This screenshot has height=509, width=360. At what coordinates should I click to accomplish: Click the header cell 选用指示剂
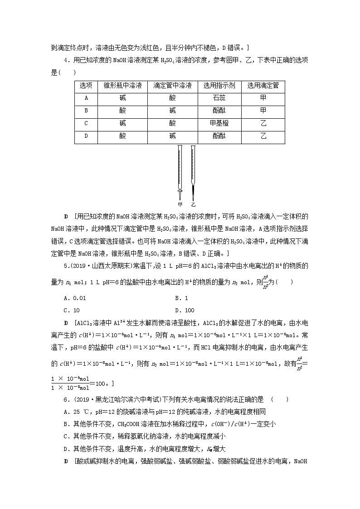point(219,86)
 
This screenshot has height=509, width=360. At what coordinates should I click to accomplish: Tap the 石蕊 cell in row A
point(219,98)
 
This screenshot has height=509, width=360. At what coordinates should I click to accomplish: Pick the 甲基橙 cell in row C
point(219,122)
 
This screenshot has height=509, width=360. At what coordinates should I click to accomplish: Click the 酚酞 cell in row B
point(219,110)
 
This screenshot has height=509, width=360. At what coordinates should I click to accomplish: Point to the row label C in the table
point(86,122)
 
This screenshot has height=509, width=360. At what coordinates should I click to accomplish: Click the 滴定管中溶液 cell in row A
point(172,98)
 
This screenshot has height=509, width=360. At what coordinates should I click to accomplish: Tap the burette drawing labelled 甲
point(180,170)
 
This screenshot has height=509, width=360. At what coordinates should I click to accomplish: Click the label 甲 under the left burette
point(180,204)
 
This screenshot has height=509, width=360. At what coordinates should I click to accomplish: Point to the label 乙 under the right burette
point(193,204)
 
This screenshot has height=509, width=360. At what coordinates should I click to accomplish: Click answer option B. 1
point(181,298)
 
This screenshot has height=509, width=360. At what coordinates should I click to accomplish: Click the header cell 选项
point(86,86)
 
